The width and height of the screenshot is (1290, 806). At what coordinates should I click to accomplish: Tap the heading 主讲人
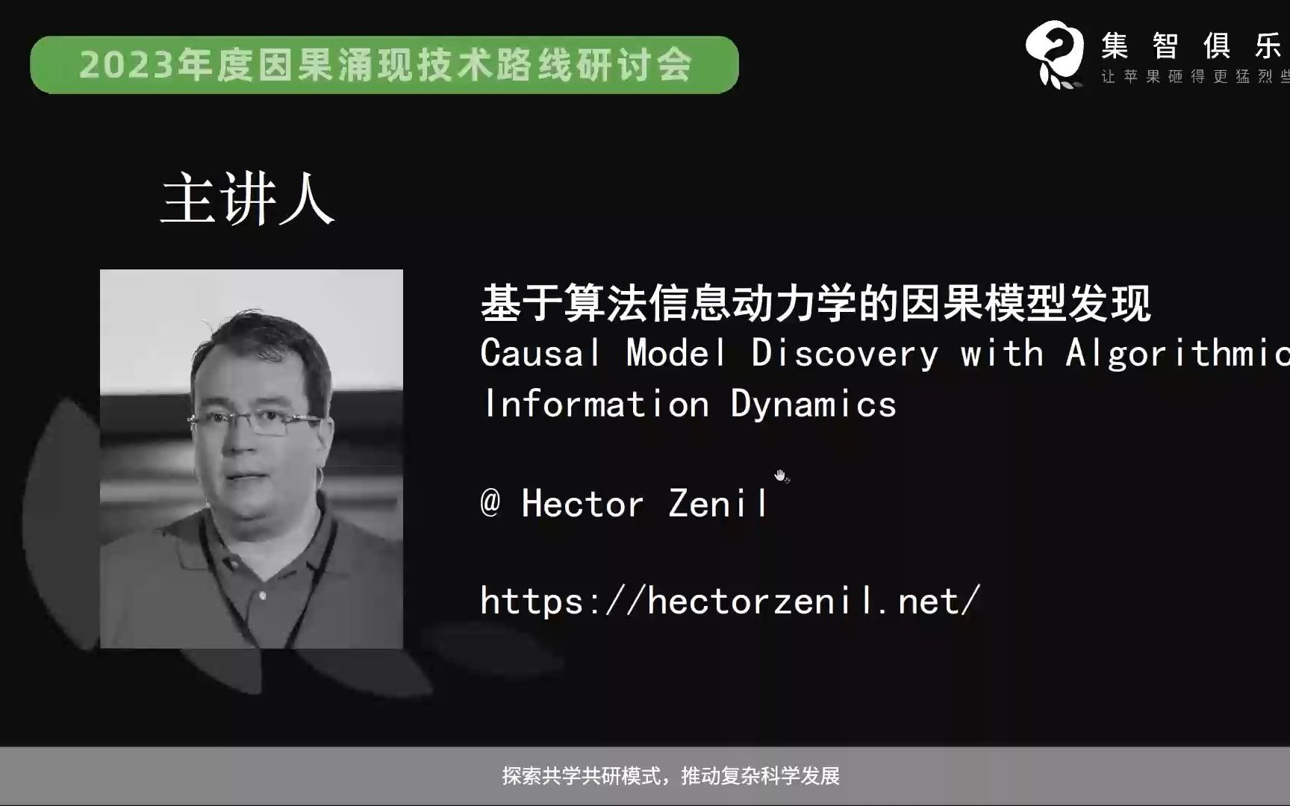[247, 200]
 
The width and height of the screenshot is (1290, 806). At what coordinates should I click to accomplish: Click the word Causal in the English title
[540, 352]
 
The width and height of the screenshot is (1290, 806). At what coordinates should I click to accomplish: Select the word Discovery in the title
[844, 352]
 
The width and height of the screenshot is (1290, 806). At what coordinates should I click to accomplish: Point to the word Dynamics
[813, 404]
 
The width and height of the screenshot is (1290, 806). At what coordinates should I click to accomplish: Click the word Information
[596, 404]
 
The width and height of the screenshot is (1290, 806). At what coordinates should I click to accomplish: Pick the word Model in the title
[675, 352]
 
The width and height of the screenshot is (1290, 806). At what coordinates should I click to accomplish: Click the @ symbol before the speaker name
[490, 502]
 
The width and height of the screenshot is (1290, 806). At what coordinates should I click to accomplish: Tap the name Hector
[582, 504]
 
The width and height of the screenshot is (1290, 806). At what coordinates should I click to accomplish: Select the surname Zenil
[717, 504]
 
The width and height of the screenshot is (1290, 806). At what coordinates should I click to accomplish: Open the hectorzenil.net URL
[729, 601]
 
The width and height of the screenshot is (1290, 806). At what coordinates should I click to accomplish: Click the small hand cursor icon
[781, 475]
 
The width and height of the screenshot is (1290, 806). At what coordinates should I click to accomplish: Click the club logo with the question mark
[1054, 54]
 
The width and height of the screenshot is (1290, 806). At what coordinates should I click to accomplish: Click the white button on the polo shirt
[262, 596]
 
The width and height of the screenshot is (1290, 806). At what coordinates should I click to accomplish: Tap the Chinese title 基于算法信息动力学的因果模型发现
[815, 303]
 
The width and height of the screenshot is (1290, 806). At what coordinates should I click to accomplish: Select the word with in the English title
[1001, 352]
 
